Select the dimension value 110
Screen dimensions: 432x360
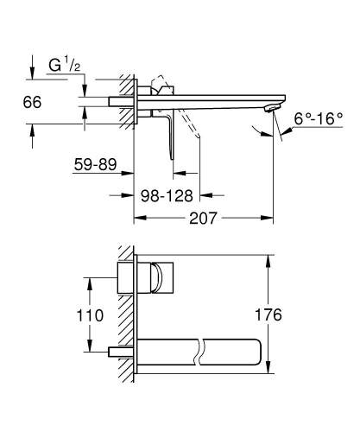pyautogui.click(x=104, y=315)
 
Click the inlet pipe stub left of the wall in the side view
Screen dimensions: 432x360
pyautogui.click(x=118, y=101)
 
